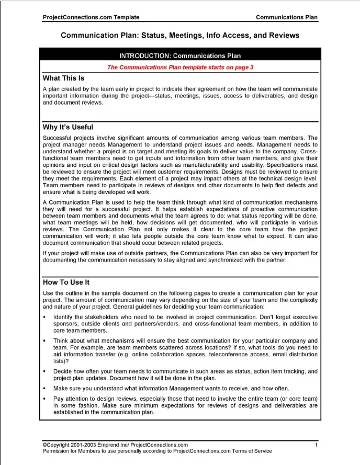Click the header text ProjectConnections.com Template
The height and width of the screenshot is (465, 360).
pos(91,17)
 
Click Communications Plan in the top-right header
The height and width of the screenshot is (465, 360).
pos(286,17)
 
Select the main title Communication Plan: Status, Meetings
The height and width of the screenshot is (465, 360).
pos(180,36)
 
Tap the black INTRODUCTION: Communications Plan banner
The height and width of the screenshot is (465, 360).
pos(180,55)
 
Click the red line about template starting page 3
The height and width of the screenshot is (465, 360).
pos(180,67)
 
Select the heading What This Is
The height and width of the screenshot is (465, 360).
pos(63,78)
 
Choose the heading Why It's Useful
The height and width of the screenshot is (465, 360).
pos(68,127)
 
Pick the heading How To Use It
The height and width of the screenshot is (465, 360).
pos(66,282)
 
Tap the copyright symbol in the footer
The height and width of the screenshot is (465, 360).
pos(44,445)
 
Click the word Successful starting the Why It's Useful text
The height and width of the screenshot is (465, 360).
pos(59,138)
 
